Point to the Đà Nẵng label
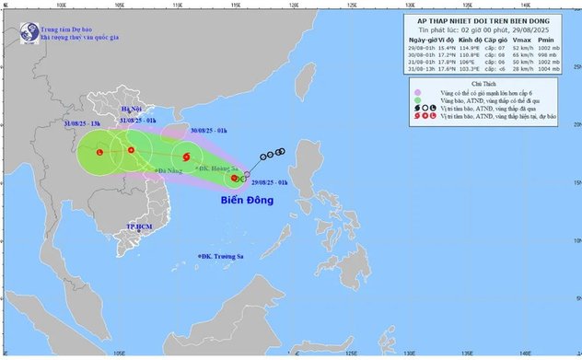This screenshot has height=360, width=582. pos(168,171)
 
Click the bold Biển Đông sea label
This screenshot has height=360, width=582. pos(248,198)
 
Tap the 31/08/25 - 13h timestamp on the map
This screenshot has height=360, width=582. pos(84,123)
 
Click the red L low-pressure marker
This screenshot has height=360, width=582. pos(99,151)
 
